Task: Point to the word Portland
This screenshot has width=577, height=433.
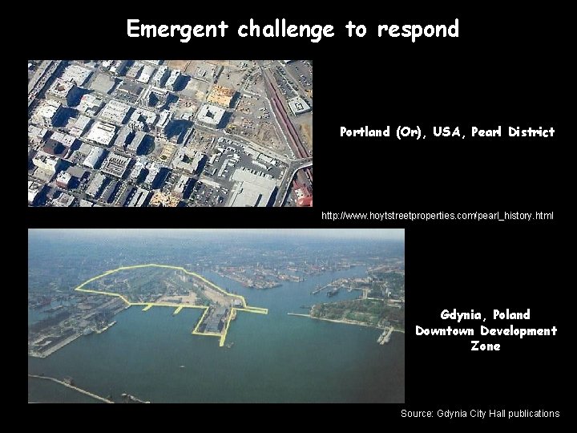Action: coord(365,132)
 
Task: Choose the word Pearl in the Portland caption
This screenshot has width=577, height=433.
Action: coord(488,132)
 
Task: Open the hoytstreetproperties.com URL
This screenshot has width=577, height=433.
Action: coord(437,216)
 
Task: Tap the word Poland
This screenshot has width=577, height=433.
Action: coord(512,314)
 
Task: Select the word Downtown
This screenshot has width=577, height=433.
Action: coord(443,330)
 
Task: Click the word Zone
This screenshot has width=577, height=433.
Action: coord(486,346)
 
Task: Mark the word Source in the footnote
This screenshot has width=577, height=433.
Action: coord(417,414)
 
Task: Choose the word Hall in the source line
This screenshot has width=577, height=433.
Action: coord(491,414)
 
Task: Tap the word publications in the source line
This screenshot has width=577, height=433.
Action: coord(532,414)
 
